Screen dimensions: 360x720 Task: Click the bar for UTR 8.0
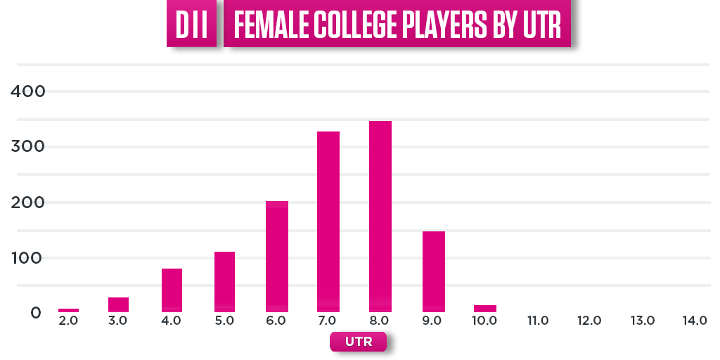(380, 217)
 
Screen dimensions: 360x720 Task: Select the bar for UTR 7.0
(328, 221)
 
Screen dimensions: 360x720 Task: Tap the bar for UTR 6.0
(277, 257)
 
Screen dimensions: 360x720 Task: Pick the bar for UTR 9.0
(434, 271)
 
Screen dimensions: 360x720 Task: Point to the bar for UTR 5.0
(224, 282)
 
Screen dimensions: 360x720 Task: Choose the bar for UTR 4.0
(172, 290)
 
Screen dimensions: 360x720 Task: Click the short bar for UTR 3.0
(118, 304)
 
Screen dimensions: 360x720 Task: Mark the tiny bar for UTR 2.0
(68, 310)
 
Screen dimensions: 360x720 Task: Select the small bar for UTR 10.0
(485, 308)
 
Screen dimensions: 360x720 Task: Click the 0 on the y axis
(36, 313)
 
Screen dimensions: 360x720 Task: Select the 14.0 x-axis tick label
(695, 321)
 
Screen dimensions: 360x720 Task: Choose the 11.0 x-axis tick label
(537, 321)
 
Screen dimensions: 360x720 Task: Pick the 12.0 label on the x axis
(589, 321)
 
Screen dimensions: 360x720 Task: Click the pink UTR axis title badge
(358, 342)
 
